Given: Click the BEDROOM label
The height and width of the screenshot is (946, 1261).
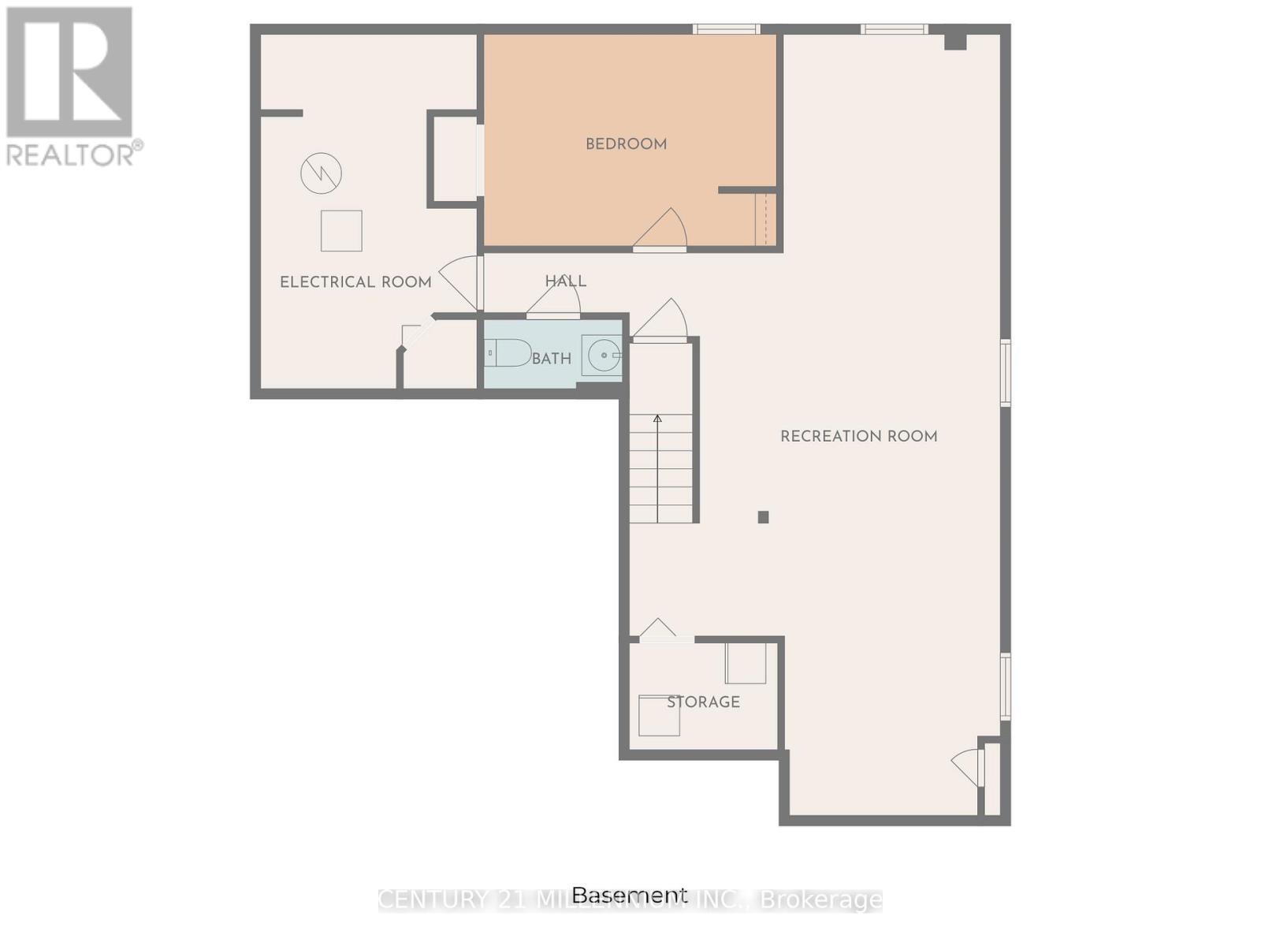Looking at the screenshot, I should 626,144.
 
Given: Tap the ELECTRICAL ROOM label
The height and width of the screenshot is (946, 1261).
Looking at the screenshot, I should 355,282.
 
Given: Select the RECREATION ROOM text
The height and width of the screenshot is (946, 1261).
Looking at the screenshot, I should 858,436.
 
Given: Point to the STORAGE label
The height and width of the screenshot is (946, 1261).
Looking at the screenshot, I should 703,702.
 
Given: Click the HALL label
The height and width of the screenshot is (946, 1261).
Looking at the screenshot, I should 565,281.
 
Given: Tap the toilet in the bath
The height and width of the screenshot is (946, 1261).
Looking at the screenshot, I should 508,352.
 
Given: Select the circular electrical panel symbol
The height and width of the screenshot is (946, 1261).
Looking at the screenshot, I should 321,173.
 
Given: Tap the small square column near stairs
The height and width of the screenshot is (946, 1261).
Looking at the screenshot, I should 763,517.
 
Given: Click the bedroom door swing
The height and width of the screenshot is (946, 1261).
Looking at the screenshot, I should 663,230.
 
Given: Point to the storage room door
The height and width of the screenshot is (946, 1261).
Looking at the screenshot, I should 659,630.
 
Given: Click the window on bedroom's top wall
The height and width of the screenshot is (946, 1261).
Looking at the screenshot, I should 726,29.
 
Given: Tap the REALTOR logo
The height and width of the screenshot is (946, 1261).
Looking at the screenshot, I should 71,87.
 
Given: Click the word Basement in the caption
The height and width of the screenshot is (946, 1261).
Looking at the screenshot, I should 629,896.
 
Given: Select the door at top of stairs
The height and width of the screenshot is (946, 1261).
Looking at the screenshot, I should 662,320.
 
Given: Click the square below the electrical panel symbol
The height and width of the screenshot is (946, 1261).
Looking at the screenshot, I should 341,231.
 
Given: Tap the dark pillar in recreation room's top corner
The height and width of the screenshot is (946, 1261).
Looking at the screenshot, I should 955,40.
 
